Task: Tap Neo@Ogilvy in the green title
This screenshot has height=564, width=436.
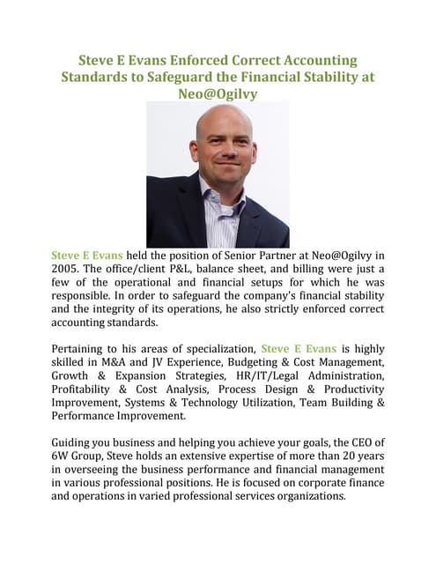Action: coord(218,93)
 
